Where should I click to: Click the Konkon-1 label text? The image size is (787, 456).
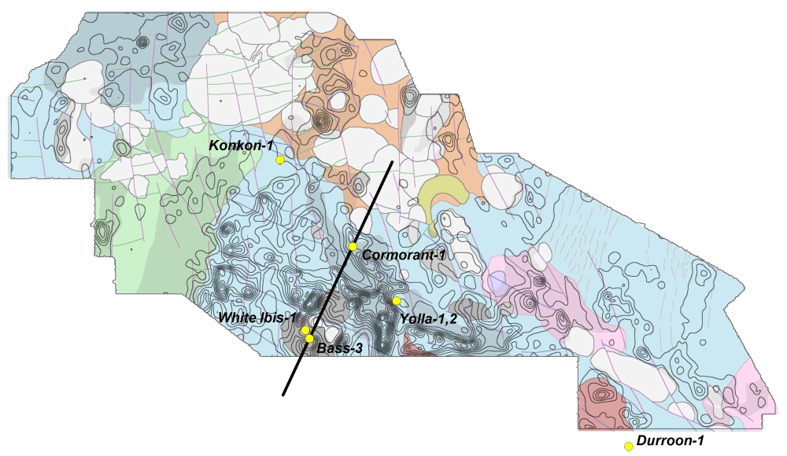(240, 146)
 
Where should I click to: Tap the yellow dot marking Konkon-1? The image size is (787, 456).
(280, 160)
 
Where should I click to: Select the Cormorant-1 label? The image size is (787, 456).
(404, 256)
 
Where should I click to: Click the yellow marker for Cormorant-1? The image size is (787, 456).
(353, 247)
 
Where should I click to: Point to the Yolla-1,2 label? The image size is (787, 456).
(428, 318)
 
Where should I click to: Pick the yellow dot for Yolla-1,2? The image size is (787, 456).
(397, 301)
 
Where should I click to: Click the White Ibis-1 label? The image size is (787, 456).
(257, 318)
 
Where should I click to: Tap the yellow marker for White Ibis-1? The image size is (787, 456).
(305, 330)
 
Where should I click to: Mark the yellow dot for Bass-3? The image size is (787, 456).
(309, 339)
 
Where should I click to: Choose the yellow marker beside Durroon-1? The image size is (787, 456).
(629, 447)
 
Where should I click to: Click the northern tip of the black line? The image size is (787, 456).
(393, 162)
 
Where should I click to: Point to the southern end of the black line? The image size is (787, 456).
(283, 395)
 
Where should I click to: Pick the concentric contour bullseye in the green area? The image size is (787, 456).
(103, 234)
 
